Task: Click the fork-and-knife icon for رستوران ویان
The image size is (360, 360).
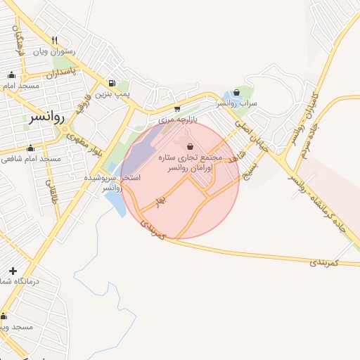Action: tap(54, 40)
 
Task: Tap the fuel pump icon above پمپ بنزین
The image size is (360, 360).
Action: tap(112, 83)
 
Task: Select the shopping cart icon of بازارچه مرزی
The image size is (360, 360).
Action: tap(176, 109)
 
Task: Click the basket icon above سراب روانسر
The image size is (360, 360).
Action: tap(237, 91)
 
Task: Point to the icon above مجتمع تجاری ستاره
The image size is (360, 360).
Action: tap(191, 147)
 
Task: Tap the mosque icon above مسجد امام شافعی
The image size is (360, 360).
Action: tap(30, 148)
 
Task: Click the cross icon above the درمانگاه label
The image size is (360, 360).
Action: tap(13, 271)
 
